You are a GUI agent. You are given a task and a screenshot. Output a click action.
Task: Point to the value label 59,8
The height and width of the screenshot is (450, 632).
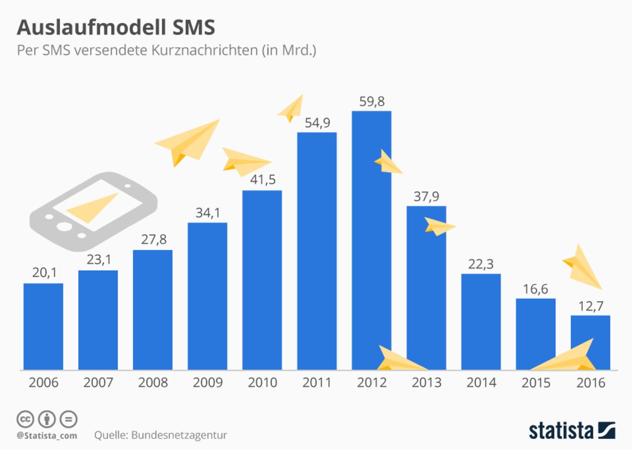pyautogui.click(x=372, y=101)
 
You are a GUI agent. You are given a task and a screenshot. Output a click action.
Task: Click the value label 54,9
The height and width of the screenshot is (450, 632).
pyautogui.click(x=317, y=123)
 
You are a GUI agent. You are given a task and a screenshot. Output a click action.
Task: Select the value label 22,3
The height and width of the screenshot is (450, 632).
pyautogui.click(x=481, y=264)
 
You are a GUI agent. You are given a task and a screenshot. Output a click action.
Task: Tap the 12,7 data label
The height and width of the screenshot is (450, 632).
pyautogui.click(x=591, y=306)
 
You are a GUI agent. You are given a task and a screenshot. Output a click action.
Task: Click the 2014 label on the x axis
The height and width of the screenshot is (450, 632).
pyautogui.click(x=481, y=383)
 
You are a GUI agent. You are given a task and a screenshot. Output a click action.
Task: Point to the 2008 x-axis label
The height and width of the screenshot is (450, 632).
pyautogui.click(x=153, y=383)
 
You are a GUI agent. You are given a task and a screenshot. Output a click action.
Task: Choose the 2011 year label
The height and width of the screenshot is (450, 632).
pyautogui.click(x=317, y=383)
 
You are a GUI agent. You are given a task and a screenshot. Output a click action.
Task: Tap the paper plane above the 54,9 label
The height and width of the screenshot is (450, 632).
pyautogui.click(x=292, y=108)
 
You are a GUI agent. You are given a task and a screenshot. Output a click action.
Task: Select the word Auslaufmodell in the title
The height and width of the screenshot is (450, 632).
pyautogui.click(x=91, y=27)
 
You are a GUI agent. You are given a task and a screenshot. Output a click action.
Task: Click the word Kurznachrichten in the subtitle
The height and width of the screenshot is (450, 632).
pyautogui.click(x=204, y=50)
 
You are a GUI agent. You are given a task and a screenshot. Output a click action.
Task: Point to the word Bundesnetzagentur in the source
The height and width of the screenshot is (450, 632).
pyautogui.click(x=179, y=435)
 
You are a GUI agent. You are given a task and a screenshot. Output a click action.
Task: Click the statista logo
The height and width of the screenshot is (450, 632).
pyautogui.click(x=572, y=430)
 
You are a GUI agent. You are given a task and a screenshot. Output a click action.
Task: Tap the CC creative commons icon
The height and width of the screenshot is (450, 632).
pyautogui.click(x=25, y=419)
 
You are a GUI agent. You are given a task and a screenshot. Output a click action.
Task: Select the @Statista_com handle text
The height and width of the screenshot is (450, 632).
pyautogui.click(x=47, y=436)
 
